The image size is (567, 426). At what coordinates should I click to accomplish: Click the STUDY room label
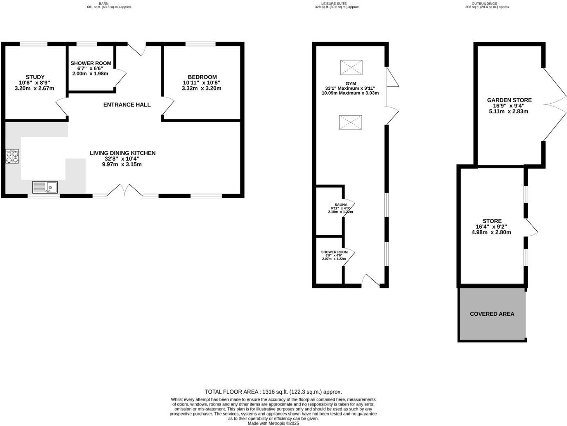coord(35,77)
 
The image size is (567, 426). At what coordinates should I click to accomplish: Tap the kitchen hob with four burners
coord(12,156)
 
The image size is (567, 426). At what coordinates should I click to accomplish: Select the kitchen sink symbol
coord(45,187)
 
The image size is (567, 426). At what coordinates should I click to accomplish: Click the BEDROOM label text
coord(202,77)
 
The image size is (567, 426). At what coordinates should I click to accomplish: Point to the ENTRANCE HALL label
coord(127,105)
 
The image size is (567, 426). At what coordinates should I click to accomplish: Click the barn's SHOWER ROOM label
coord(91,63)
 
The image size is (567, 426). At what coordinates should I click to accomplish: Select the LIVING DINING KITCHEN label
coord(122,153)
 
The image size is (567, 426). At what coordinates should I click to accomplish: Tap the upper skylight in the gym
coord(351,68)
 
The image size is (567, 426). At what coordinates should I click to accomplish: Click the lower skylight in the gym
coord(350,122)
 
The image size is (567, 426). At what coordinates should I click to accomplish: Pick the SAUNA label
coord(340,205)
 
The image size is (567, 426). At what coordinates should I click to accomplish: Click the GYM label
coord(351,84)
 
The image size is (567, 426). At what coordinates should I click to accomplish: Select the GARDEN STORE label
coord(509,100)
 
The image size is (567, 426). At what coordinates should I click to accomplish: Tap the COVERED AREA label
coord(492,314)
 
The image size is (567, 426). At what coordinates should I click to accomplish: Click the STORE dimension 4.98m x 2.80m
coord(491,232)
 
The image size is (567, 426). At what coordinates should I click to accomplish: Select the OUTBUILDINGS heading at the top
coord(488,4)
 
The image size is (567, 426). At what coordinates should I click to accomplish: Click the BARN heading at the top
coord(109,4)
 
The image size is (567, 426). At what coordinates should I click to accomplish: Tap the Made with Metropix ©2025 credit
coord(273,424)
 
